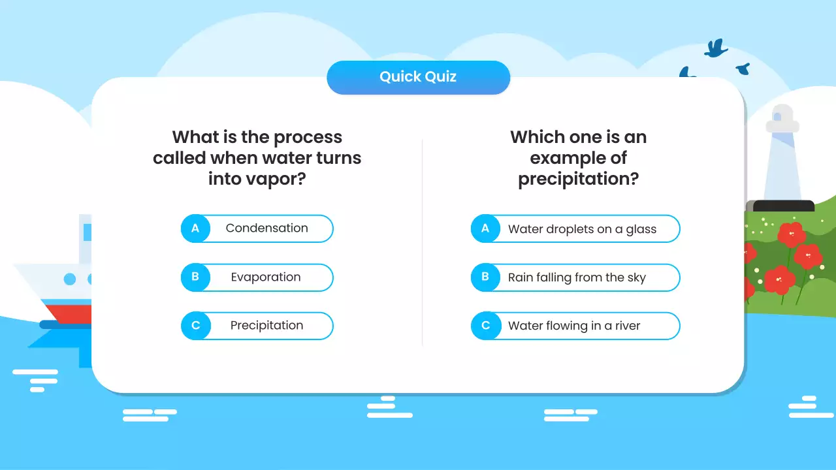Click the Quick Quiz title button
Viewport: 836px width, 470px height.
click(x=418, y=77)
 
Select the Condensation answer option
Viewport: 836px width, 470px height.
click(x=266, y=228)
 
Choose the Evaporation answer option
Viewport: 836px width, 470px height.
click(x=266, y=277)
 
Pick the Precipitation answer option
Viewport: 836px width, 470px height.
click(x=266, y=326)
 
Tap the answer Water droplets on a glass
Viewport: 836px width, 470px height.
click(x=582, y=229)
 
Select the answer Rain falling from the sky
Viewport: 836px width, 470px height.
click(x=577, y=277)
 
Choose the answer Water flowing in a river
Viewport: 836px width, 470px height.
click(x=574, y=326)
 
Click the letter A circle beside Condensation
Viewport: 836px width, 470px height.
click(x=195, y=228)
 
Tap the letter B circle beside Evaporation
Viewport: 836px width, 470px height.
click(x=195, y=277)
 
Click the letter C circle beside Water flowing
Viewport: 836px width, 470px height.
click(x=485, y=326)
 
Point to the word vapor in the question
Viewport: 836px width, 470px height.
click(x=274, y=179)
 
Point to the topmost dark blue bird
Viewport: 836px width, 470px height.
click(x=716, y=48)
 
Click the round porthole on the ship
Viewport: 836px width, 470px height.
click(x=70, y=279)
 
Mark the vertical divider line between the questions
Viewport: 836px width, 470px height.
click(x=423, y=242)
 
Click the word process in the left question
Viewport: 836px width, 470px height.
click(x=308, y=138)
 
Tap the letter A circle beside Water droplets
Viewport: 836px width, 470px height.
click(x=485, y=229)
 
